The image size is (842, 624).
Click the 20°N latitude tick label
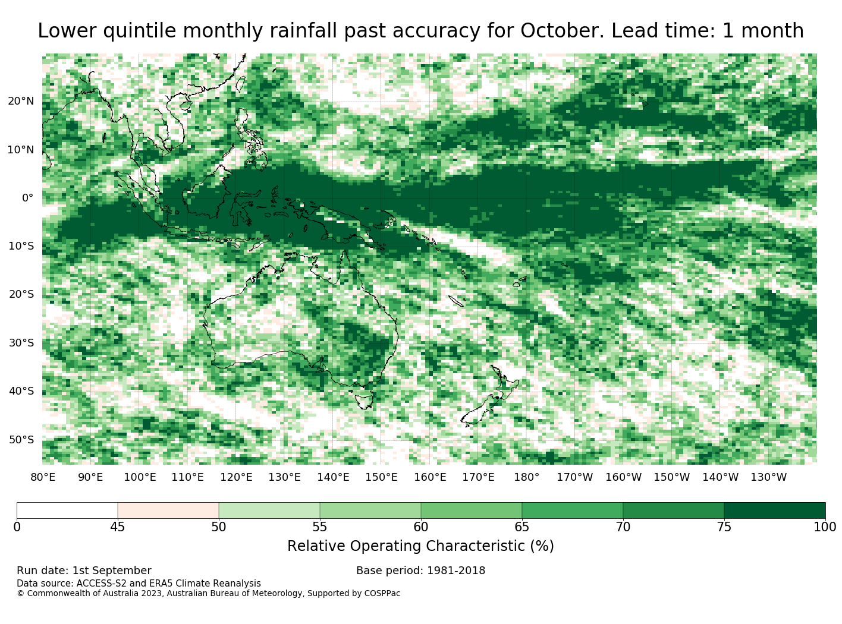click(21, 101)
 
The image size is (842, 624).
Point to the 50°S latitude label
click(21, 440)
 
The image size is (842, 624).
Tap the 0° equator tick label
click(27, 198)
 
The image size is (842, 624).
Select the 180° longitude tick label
click(526, 477)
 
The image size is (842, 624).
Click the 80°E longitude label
click(43, 477)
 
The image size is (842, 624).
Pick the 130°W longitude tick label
click(769, 477)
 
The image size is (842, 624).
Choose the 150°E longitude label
click(381, 477)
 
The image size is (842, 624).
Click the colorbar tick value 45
click(118, 527)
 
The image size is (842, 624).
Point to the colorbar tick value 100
click(825, 527)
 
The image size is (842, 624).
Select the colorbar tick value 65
click(521, 527)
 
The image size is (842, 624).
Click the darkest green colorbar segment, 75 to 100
click(774, 510)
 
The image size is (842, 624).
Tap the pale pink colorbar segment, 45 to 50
click(168, 510)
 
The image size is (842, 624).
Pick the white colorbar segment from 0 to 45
click(67, 510)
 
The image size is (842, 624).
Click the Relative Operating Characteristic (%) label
click(420, 546)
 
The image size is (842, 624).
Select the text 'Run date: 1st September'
click(84, 571)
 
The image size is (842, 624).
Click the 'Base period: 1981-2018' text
click(420, 571)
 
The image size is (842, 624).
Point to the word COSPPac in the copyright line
click(382, 593)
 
